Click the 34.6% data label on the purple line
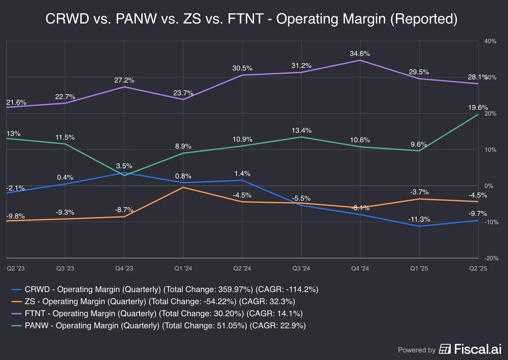click(x=359, y=54)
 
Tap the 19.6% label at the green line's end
click(x=478, y=108)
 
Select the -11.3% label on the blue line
click(x=419, y=219)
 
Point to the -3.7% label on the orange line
click(x=419, y=192)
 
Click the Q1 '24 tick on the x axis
click(x=183, y=269)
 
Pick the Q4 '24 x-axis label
click(x=360, y=269)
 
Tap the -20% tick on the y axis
click(x=491, y=258)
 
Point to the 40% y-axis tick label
click(x=490, y=41)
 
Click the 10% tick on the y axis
click(x=490, y=150)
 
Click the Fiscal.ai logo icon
click(x=444, y=349)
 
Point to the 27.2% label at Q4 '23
click(x=124, y=80)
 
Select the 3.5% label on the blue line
click(x=124, y=166)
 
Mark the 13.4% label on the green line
click(x=301, y=130)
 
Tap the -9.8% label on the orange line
click(x=15, y=216)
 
